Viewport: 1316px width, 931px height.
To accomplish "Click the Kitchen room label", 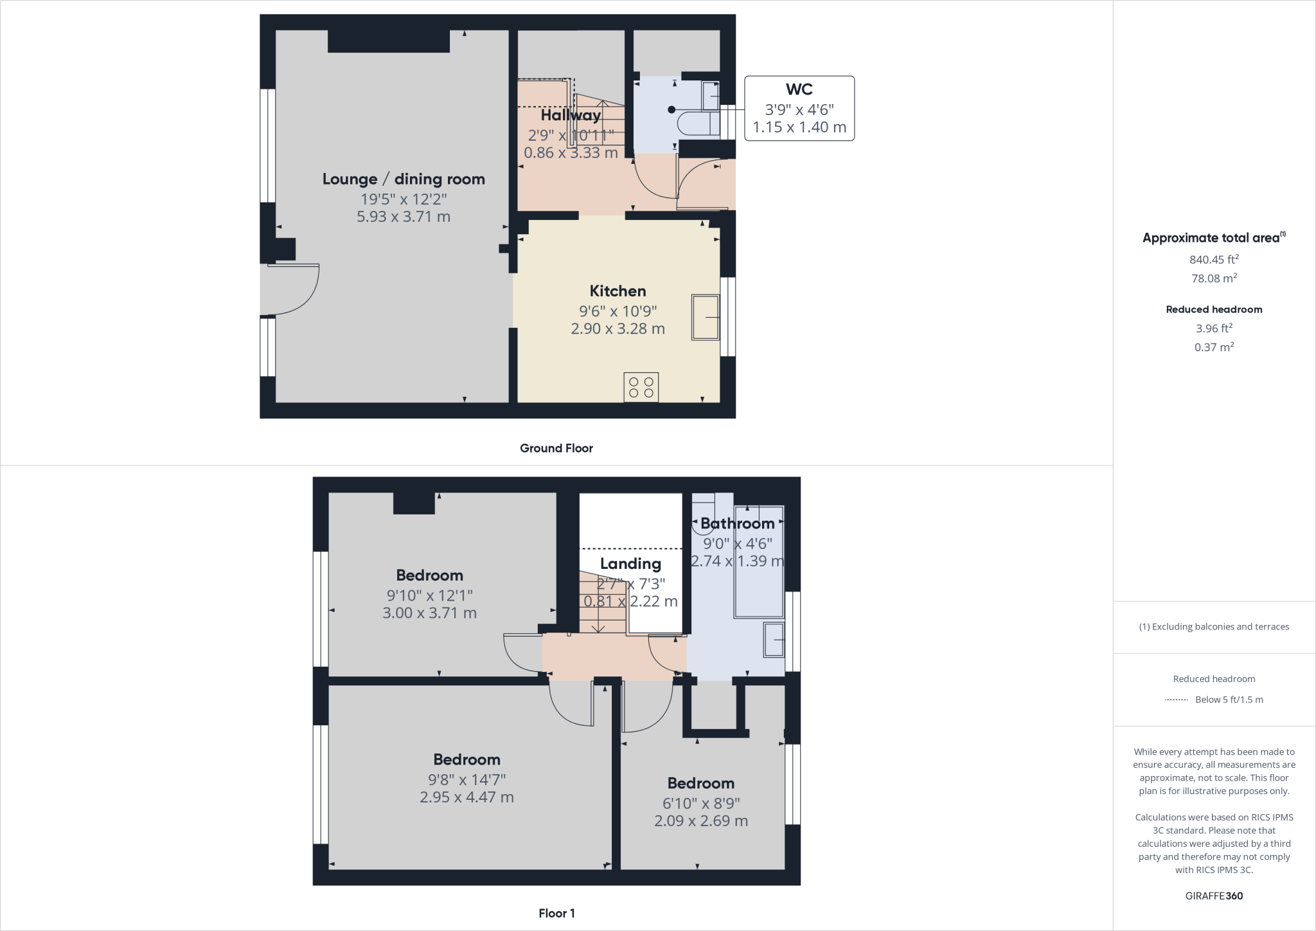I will [x=618, y=291].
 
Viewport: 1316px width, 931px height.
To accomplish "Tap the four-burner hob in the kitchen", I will [x=641, y=387].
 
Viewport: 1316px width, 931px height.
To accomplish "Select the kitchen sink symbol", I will [x=705, y=317].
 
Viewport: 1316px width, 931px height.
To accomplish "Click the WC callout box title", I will [x=799, y=90].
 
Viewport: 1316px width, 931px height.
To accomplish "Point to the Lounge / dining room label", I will [x=404, y=179].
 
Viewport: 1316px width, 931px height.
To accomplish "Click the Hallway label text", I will [x=571, y=115].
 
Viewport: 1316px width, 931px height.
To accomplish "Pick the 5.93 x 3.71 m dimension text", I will [x=404, y=217].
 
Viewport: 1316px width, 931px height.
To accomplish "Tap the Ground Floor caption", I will [x=556, y=448].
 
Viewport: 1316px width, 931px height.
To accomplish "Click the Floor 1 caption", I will [x=556, y=913].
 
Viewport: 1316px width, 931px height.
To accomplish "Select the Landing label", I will [x=630, y=564].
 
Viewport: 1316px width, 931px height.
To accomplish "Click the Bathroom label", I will [x=737, y=523].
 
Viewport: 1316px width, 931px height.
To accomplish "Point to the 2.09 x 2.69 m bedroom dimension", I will [x=701, y=821].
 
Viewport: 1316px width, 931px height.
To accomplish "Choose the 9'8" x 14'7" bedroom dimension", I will [x=467, y=779].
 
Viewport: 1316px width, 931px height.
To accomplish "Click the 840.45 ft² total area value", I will [x=1214, y=260].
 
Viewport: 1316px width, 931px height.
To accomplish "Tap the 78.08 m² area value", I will [x=1214, y=278].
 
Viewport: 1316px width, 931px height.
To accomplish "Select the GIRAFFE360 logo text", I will [x=1214, y=896].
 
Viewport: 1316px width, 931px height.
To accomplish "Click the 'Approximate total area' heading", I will [x=1211, y=238].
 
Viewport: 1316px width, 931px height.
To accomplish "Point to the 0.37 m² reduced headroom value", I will [x=1214, y=347].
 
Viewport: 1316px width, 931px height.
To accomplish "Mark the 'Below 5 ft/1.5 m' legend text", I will [x=1229, y=700].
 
